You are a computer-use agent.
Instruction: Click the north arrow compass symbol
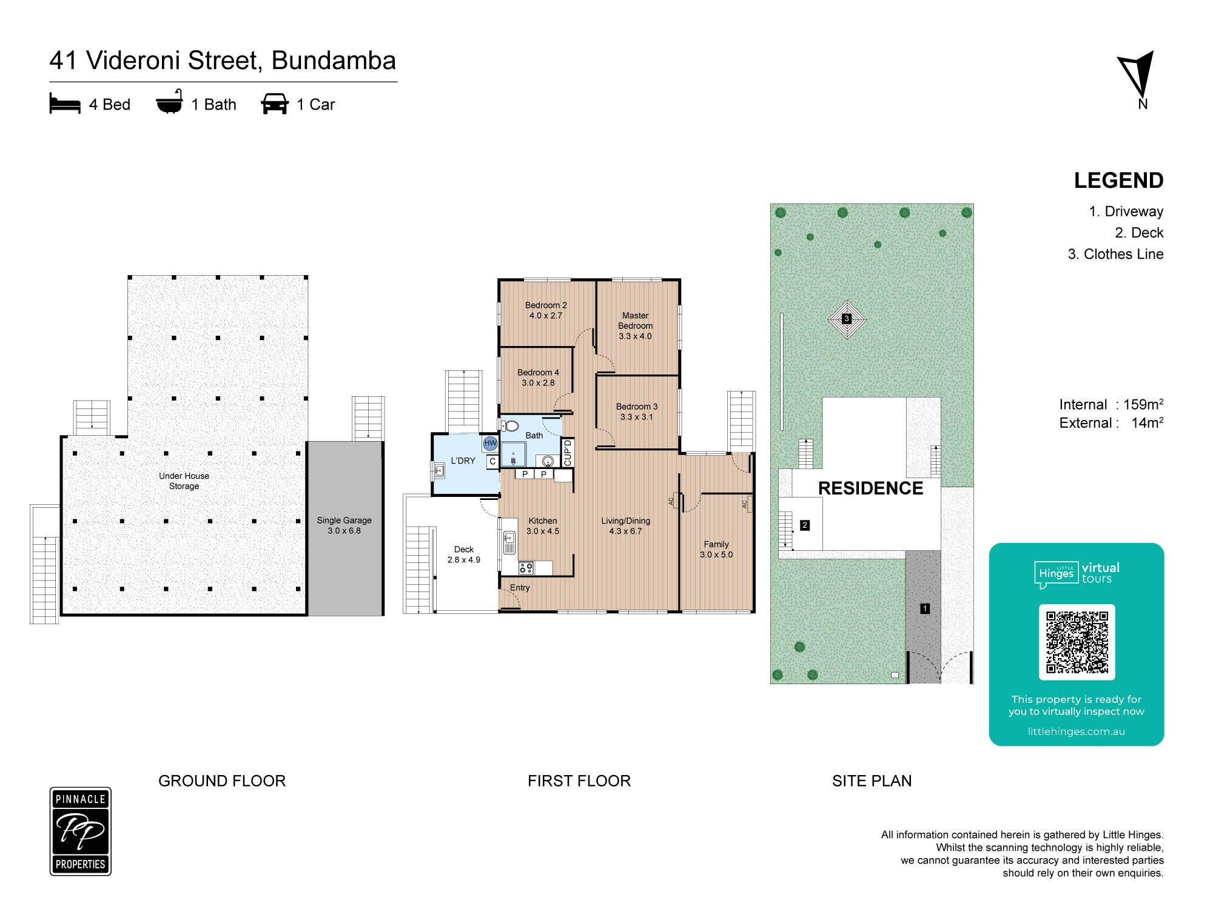pos(1137,75)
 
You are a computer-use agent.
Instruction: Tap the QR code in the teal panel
pos(1077,642)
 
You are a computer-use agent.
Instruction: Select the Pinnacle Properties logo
pos(81,831)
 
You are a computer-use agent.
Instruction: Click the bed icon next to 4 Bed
pos(65,104)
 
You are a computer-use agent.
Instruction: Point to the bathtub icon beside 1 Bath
pos(169,102)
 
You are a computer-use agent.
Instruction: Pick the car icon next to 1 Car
pos(275,104)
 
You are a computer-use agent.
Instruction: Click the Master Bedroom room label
pos(635,325)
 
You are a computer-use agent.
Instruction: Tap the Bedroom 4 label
pos(538,378)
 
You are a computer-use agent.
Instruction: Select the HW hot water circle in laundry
pos(490,443)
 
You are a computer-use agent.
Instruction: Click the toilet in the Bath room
pos(510,426)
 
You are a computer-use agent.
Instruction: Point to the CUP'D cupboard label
pos(568,453)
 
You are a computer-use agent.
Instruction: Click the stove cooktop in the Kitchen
pos(526,568)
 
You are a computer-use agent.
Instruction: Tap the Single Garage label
pos(344,525)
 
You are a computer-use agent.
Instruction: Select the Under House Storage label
pos(184,481)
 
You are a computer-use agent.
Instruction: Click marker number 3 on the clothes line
pos(847,319)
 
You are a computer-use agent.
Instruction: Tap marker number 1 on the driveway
pos(925,608)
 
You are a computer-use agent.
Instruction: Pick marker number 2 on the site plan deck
pos(805,525)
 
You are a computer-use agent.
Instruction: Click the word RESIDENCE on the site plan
pos(870,488)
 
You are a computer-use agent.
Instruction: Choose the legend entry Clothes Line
pos(1123,254)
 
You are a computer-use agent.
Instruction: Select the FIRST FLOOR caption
pos(579,781)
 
